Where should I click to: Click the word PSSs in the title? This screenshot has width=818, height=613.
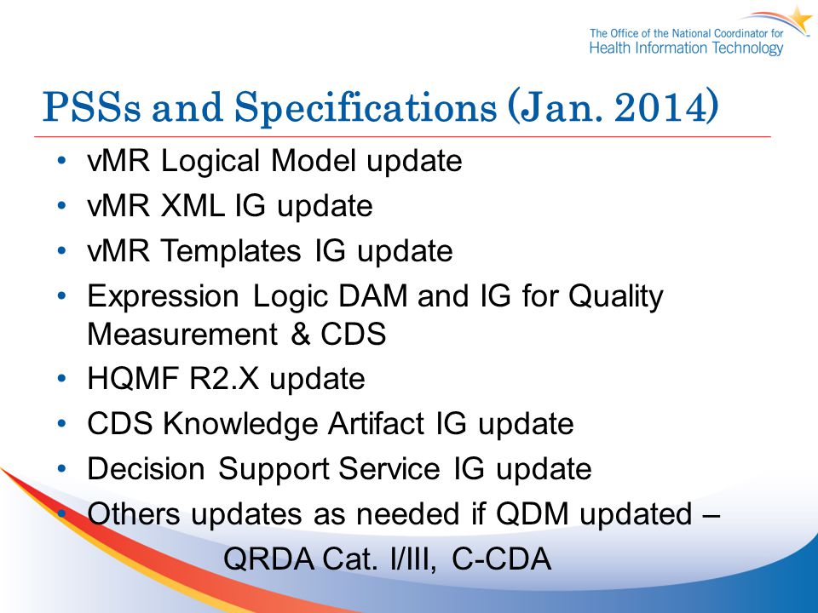[91, 107]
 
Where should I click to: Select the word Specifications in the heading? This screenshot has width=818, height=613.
[366, 108]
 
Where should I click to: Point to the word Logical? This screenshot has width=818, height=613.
[210, 161]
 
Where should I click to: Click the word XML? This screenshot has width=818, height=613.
[192, 205]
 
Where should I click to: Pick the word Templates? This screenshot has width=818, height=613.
[231, 251]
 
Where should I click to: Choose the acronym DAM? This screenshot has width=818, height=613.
[373, 296]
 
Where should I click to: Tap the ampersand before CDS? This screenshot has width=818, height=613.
[301, 334]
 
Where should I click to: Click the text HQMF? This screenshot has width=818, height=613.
[133, 378]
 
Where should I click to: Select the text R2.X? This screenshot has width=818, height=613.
[224, 378]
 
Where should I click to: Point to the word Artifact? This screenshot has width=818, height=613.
[376, 423]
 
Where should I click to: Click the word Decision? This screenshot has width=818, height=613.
[146, 468]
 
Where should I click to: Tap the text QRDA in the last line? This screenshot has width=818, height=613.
[268, 559]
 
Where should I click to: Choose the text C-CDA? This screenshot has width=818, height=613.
[501, 559]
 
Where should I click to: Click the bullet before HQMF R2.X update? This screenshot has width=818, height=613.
[62, 378]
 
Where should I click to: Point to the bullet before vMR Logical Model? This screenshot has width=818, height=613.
[62, 160]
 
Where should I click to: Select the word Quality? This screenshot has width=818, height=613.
[615, 297]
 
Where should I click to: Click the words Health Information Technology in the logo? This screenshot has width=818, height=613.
[687, 49]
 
